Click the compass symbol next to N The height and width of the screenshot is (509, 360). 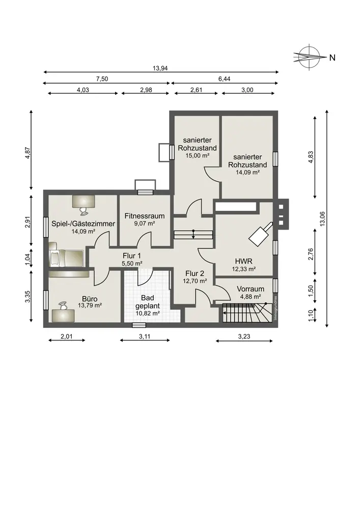(x=310, y=57)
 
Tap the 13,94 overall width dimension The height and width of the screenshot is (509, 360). (x=160, y=68)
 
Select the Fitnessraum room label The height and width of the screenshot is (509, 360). (x=145, y=216)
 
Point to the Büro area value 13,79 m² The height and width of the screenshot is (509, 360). (x=90, y=305)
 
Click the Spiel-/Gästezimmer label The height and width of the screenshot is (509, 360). (x=83, y=223)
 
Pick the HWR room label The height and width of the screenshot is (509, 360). (x=244, y=261)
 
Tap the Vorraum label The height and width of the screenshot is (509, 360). (x=251, y=289)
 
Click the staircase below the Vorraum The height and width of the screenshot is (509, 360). (x=247, y=313)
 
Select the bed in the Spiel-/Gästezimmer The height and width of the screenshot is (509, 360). (x=66, y=259)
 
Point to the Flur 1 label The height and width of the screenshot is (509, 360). (x=132, y=256)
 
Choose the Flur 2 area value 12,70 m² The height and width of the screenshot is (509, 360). (x=195, y=281)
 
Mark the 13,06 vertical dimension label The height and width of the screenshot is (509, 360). (x=322, y=219)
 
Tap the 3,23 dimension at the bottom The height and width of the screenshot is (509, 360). (x=244, y=336)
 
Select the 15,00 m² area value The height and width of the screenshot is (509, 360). (x=198, y=155)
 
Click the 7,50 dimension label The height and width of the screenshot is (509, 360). (x=102, y=79)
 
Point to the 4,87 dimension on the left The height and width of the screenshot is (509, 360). (x=28, y=153)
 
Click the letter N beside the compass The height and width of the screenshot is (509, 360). (x=332, y=58)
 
